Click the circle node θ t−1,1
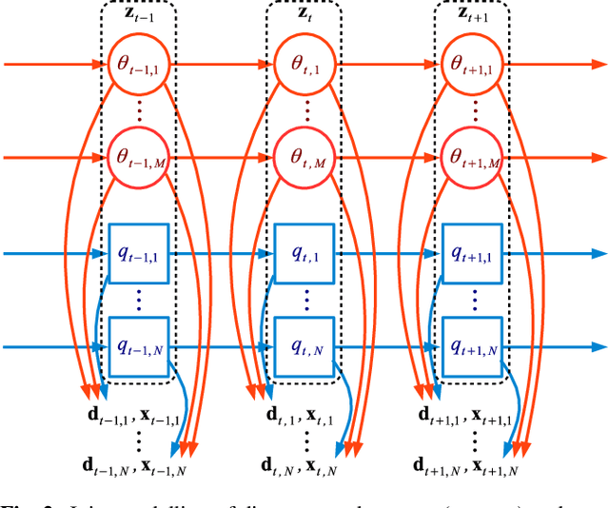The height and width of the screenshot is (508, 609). [138, 66]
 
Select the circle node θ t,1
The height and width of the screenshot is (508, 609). [304, 66]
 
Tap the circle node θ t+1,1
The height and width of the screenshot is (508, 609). [471, 66]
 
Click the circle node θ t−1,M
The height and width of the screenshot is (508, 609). [138, 158]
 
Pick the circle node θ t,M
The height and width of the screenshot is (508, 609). [304, 158]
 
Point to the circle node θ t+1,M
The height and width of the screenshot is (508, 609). [471, 158]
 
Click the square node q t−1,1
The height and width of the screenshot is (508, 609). [138, 254]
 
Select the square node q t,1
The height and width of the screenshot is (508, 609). [304, 254]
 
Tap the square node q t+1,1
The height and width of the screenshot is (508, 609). [471, 254]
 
